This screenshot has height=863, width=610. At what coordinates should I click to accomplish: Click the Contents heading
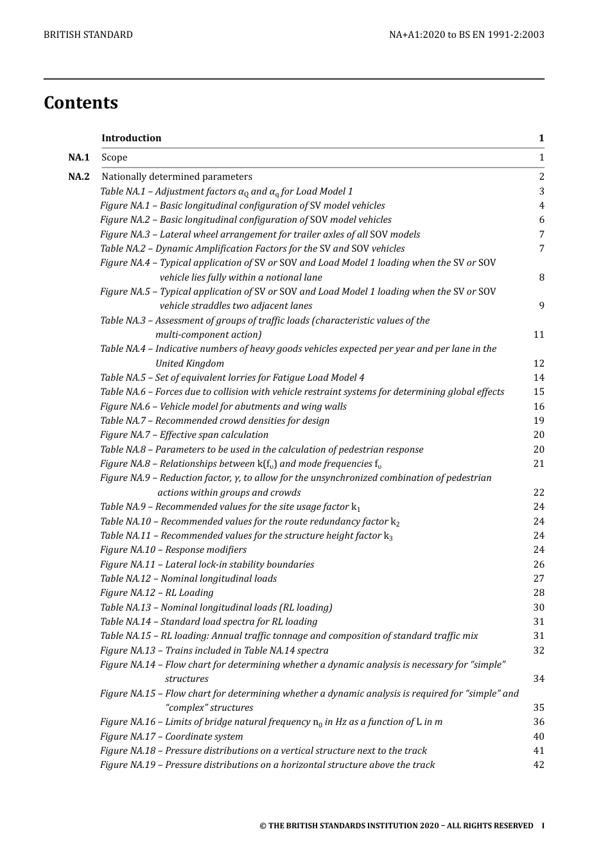[81, 103]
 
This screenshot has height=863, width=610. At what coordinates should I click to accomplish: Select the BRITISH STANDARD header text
[88, 35]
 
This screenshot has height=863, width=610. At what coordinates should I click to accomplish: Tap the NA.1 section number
[78, 157]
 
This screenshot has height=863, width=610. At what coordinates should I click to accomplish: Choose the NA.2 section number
[78, 177]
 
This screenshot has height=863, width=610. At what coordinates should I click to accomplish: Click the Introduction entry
[132, 138]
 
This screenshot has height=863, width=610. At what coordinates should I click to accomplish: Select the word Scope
[114, 157]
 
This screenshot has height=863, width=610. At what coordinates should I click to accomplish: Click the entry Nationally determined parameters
[177, 177]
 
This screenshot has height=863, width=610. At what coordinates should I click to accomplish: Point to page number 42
[538, 765]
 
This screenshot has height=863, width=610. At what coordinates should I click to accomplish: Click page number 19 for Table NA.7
[538, 421]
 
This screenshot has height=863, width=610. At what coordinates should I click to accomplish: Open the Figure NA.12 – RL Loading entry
[157, 593]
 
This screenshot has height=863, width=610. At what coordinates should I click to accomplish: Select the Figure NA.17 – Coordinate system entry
[171, 737]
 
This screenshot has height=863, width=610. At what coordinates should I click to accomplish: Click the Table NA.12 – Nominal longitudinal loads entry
[188, 579]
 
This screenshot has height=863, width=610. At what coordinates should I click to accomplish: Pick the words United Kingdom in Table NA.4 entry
[189, 363]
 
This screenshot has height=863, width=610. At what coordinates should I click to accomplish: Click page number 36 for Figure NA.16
[538, 722]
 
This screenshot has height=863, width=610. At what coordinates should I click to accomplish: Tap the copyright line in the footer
[396, 826]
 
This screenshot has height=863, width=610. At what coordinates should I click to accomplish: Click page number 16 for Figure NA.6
[538, 406]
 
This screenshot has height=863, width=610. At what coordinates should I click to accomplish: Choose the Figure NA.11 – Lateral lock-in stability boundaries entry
[207, 564]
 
